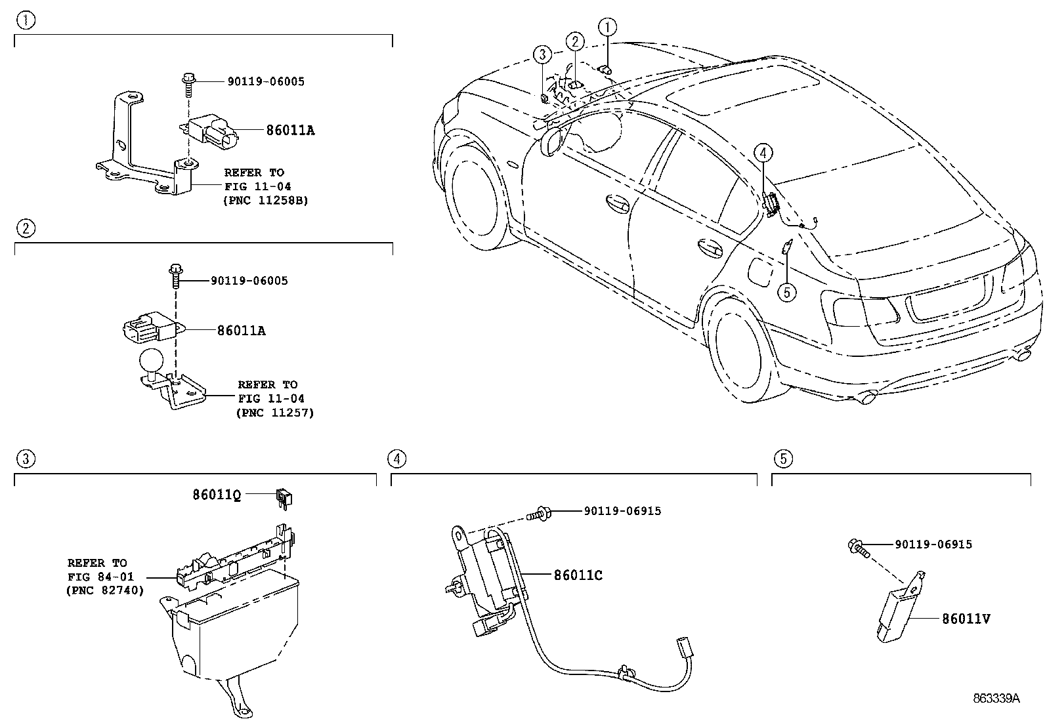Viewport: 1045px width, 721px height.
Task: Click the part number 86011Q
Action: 217,495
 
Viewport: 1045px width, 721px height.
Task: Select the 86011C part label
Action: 578,575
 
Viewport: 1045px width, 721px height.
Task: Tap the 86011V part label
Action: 966,619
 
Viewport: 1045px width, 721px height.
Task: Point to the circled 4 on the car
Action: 763,152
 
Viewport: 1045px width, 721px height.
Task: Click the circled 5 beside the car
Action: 786,293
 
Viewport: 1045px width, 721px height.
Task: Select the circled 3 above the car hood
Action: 542,54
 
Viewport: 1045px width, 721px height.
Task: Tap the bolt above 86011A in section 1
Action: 188,84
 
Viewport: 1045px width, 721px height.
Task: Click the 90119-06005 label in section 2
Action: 249,281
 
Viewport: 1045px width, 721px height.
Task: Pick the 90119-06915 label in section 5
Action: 933,545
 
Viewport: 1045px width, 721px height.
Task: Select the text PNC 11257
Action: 275,413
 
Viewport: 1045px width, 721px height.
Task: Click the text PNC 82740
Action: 105,590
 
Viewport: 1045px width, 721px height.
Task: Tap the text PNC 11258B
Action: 266,201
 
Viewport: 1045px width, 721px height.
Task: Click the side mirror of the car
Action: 551,141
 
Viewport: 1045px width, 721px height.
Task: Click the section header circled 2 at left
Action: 26,228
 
